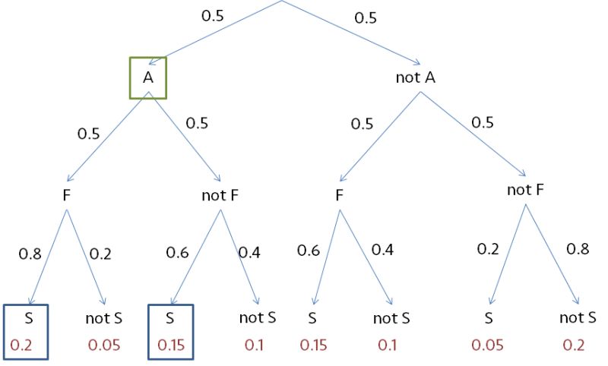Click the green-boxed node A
coord(147,77)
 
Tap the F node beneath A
coord(67,195)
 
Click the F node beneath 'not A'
coord(340,195)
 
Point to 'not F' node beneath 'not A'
coord(526,189)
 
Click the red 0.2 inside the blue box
coord(21,345)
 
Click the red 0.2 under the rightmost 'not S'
coord(575,345)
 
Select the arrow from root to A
coord(220,30)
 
